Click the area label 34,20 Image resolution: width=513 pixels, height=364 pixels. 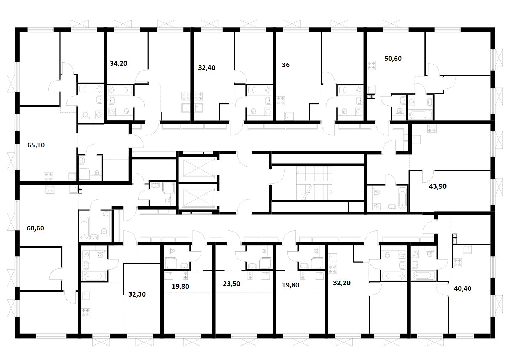[x=118, y=64]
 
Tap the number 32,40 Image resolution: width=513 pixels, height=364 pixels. [x=207, y=68]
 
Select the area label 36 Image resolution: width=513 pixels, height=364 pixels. [x=285, y=65]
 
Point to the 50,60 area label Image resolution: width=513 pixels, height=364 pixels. [x=393, y=59]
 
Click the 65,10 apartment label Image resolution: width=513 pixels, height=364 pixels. [x=36, y=145]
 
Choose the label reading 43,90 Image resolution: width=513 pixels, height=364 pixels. [x=438, y=186]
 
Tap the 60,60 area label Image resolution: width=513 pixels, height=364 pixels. [x=36, y=228]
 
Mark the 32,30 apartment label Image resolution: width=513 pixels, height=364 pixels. [x=137, y=294]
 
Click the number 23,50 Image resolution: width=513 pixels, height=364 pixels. [x=231, y=284]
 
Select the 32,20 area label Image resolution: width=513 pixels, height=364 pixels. [x=342, y=283]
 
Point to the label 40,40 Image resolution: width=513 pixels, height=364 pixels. [x=463, y=289]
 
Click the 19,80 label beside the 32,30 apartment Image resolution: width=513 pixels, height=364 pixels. [x=180, y=286]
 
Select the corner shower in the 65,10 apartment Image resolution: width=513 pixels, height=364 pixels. [x=85, y=173]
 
